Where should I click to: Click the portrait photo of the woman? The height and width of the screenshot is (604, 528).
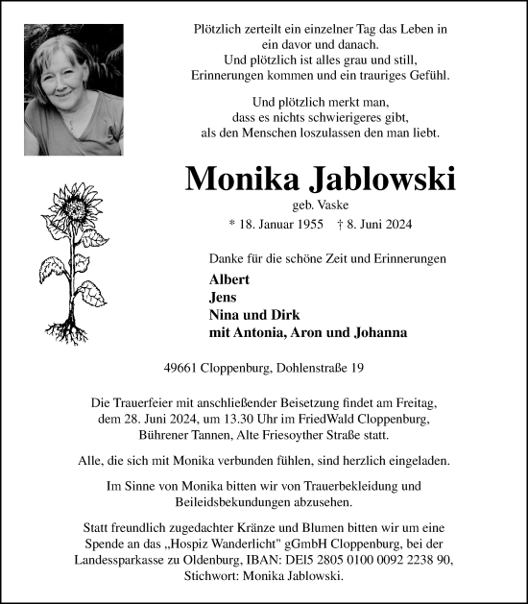click(74, 90)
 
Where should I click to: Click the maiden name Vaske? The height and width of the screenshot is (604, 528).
click(332, 205)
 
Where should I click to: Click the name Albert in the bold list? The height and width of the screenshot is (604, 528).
click(228, 279)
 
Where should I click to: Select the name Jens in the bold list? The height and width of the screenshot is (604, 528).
click(224, 297)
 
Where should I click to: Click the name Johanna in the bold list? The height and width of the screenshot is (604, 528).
click(377, 333)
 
